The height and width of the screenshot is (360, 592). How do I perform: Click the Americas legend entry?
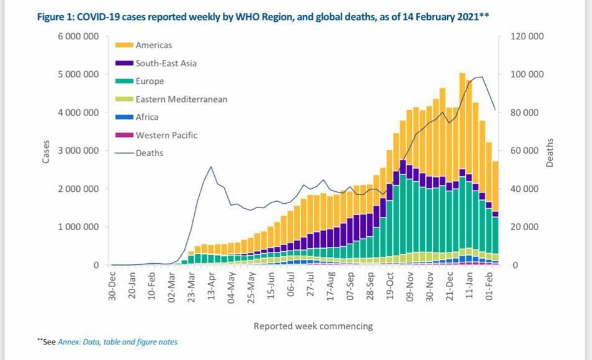(153, 45)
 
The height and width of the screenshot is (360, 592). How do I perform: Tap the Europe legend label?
(150, 81)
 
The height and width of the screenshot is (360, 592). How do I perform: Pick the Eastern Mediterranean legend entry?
(181, 99)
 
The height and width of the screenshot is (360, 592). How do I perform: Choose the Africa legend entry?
(147, 117)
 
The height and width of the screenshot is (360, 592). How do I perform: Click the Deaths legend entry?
(149, 152)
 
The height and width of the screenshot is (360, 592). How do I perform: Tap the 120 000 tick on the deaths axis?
(527, 36)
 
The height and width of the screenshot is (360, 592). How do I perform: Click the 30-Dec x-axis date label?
(112, 287)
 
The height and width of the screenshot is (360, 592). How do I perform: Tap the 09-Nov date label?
(410, 287)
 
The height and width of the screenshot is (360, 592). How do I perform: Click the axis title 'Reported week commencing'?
(313, 326)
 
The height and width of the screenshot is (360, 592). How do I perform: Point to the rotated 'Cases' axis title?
(46, 151)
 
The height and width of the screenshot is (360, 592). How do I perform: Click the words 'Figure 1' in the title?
(56, 14)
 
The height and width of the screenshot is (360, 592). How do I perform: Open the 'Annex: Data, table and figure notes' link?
(117, 342)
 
